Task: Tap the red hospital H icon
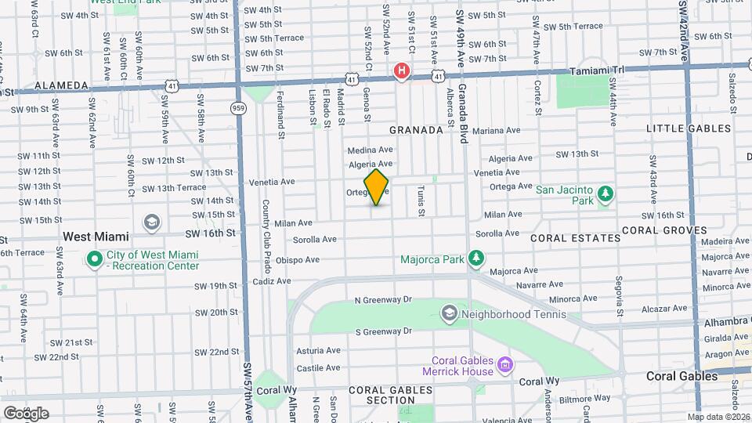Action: [402, 72]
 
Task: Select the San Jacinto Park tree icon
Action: [604, 193]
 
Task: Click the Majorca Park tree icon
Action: [475, 258]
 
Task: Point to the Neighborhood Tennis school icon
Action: [449, 313]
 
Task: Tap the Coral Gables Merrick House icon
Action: [506, 365]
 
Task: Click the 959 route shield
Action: [237, 107]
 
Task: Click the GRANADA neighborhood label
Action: [416, 130]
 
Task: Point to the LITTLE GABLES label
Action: [689, 128]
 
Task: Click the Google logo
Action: [26, 413]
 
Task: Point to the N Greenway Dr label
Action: [383, 300]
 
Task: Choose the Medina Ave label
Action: [370, 150]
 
